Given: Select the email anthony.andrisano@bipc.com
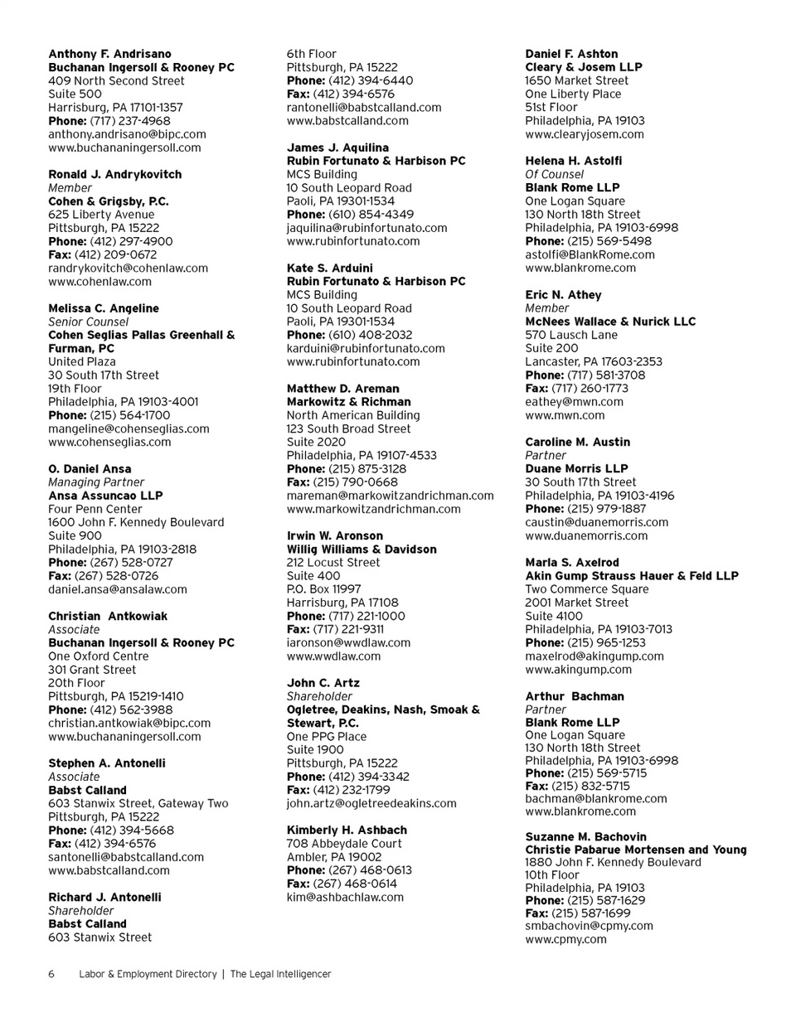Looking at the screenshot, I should pos(128,134).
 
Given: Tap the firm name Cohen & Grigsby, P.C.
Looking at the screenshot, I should pos(109,201).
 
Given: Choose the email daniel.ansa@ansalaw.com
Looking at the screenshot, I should pos(118,589).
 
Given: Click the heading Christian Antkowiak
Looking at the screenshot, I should pos(108,616).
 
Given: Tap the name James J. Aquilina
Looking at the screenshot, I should pos(337,148).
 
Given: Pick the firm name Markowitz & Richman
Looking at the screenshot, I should pos(348,402).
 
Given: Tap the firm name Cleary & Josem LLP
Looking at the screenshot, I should pos(584,67).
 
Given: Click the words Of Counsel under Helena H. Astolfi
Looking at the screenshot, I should pos(555,174).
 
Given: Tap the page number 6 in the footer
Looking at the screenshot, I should pos(51,975).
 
